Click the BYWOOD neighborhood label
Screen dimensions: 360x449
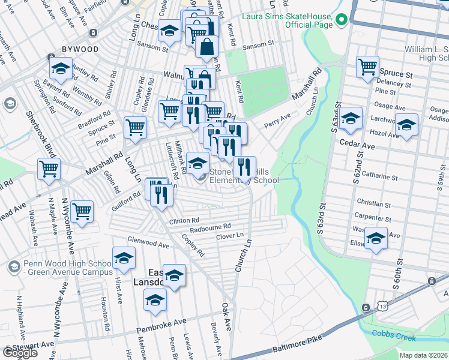click(80, 48)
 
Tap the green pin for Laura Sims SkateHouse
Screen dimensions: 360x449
click(342, 20)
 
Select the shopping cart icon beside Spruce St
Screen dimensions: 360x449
click(368, 67)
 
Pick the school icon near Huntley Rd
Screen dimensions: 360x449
click(61, 68)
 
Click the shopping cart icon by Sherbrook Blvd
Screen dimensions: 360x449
click(49, 168)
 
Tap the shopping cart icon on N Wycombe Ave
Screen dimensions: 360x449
click(82, 211)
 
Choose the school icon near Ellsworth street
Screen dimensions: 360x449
click(376, 239)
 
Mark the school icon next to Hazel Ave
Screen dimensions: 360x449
click(406, 125)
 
